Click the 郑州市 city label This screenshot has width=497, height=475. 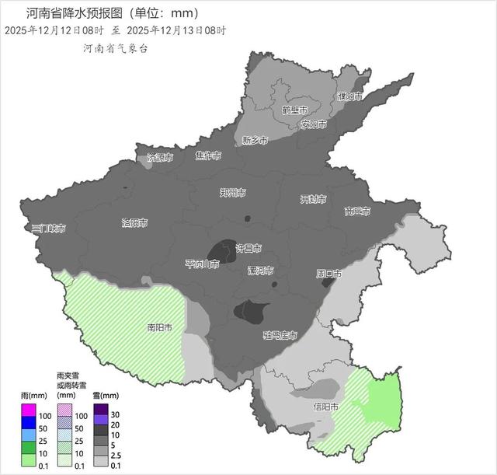pyautogui.click(x=232, y=192)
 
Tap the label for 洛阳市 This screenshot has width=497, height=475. pyautogui.click(x=134, y=223)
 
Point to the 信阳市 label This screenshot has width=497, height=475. pyautogui.click(x=325, y=407)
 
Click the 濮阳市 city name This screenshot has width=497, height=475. pyautogui.click(x=350, y=96)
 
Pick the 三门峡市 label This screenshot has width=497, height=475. pyautogui.click(x=48, y=229)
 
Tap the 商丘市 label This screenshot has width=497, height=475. pyautogui.click(x=357, y=211)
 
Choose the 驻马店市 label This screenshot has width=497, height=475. pyautogui.click(x=280, y=335)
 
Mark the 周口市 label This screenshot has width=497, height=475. pyautogui.click(x=329, y=274)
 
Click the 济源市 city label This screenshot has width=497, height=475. pyautogui.click(x=160, y=158)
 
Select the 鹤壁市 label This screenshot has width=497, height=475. pyautogui.click(x=295, y=110)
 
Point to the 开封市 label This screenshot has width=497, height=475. pyautogui.click(x=313, y=199)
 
